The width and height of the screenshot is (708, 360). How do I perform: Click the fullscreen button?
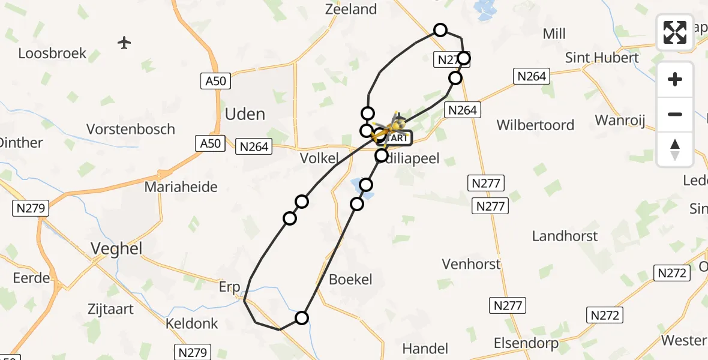(675, 32)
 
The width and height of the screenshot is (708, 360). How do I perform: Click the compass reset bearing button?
(675, 149)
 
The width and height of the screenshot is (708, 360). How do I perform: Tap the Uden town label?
(245, 114)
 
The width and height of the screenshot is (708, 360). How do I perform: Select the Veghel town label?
(116, 248)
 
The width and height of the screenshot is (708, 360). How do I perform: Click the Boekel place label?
(350, 279)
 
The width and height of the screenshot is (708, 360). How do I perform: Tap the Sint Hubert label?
(602, 58)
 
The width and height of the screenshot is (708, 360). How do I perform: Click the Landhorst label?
(565, 236)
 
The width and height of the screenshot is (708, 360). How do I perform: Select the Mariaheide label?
(181, 187)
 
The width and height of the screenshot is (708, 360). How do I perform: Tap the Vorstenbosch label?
(130, 129)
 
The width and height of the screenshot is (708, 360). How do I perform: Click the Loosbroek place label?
(52, 53)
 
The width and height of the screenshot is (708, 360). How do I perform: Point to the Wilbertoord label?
(535, 125)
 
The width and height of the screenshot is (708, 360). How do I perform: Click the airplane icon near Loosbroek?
(124, 43)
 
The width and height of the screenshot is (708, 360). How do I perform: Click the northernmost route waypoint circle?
(440, 30)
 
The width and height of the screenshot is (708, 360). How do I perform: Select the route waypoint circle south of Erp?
(302, 317)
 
